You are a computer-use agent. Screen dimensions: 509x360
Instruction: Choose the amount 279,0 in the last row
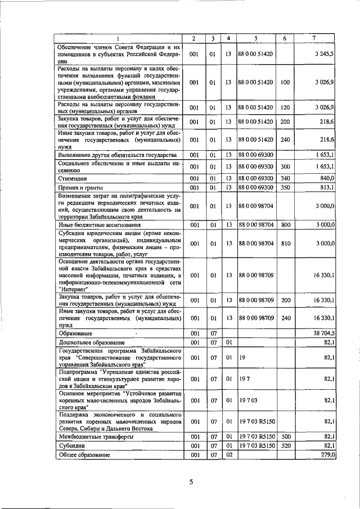click(326, 455)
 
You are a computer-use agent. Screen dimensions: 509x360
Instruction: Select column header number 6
click(285, 38)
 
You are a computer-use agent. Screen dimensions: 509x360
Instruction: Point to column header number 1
click(119, 38)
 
